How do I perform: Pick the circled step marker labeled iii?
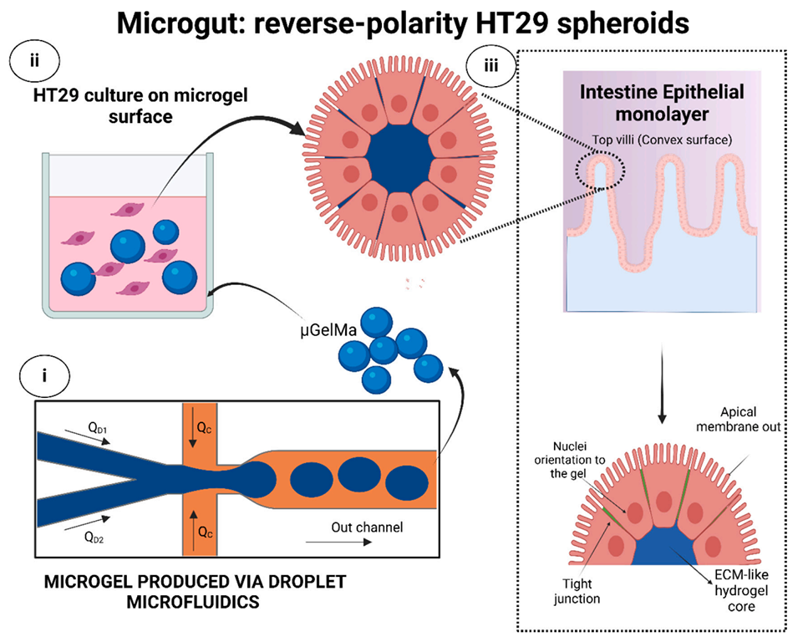pos(494,69)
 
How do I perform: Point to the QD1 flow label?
pos(99,428)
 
